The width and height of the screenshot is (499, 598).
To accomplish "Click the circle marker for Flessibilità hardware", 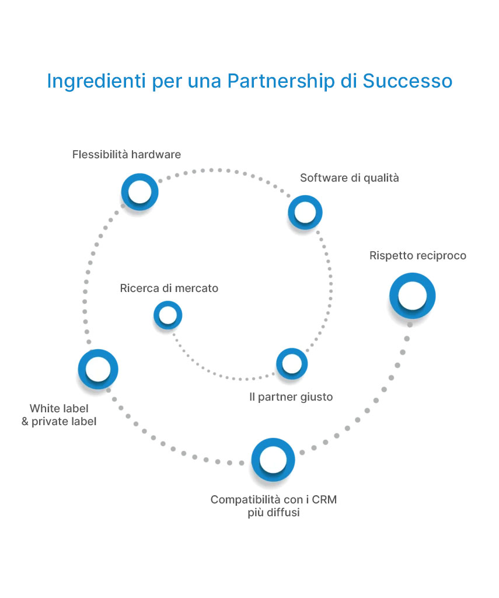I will [x=140, y=192].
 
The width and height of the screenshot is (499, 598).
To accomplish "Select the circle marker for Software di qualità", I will [x=305, y=212].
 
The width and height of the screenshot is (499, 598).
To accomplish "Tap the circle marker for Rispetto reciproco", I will [x=413, y=295].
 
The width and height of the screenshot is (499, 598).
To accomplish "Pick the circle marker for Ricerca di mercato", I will [x=168, y=315].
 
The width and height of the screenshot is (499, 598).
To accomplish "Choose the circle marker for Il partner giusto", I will [x=291, y=364].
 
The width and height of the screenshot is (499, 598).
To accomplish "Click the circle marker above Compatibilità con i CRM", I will [x=273, y=460].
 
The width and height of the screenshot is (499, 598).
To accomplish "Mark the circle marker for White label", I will [x=98, y=369].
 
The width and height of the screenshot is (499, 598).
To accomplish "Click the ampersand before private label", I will [x=25, y=421].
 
